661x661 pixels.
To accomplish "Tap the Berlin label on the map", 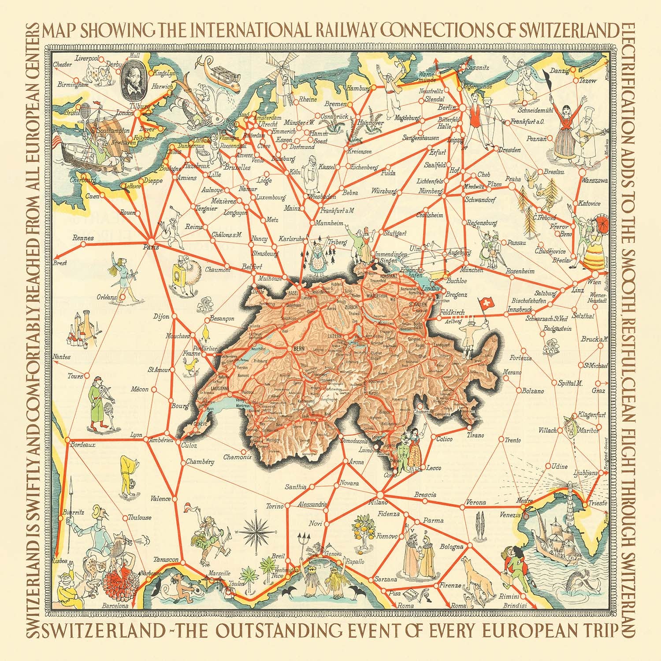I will (x=446, y=107).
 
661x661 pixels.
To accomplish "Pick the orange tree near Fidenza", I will (x=362, y=527).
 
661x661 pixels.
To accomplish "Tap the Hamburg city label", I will (x=358, y=88).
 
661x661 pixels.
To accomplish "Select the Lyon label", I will (x=136, y=435).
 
